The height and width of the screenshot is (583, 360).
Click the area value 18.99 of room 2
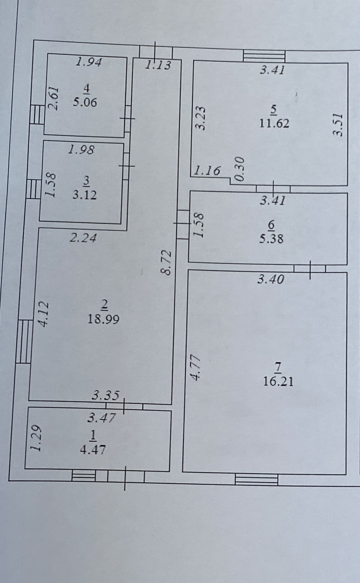(103, 319)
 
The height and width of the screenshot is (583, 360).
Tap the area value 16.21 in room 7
(278, 381)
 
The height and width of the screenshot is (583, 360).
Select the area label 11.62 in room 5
(274, 123)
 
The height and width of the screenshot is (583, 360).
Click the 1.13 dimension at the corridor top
(158, 65)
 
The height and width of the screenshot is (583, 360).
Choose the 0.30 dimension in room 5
(239, 169)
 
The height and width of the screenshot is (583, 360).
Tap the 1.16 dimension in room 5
(208, 170)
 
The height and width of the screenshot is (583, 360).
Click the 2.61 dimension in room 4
(54, 98)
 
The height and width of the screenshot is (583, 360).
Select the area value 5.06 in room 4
(85, 102)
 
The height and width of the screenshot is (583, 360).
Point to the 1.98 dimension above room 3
(82, 149)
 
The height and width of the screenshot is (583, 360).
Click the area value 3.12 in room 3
(85, 195)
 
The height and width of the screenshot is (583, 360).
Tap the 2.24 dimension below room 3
(83, 238)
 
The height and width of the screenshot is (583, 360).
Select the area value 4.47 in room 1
(92, 450)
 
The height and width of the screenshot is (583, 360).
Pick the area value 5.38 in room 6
(271, 238)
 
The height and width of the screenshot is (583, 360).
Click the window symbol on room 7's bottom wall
(256, 479)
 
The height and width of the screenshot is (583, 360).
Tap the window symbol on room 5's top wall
(264, 56)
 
